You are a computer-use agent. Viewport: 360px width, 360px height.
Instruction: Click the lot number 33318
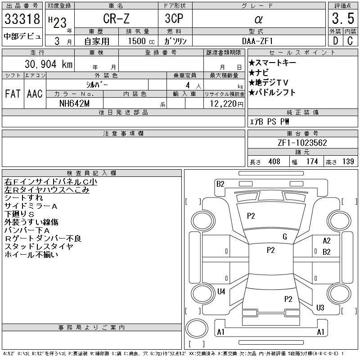22,20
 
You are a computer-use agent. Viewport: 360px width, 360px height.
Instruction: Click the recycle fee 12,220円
224,103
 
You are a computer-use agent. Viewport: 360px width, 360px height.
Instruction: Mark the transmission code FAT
13,94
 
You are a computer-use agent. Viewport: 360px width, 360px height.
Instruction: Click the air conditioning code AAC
35,94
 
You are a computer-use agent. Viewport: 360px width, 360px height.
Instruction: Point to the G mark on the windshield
284,237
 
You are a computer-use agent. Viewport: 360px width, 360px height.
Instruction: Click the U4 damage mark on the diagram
221,292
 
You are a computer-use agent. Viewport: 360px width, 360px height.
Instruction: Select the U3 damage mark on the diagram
320,308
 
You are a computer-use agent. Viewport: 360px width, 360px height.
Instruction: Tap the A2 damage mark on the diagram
327,241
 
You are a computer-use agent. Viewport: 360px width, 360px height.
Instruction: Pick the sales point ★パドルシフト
272,92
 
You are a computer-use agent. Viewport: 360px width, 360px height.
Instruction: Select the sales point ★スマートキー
272,63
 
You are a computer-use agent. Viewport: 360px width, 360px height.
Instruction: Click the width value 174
312,162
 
